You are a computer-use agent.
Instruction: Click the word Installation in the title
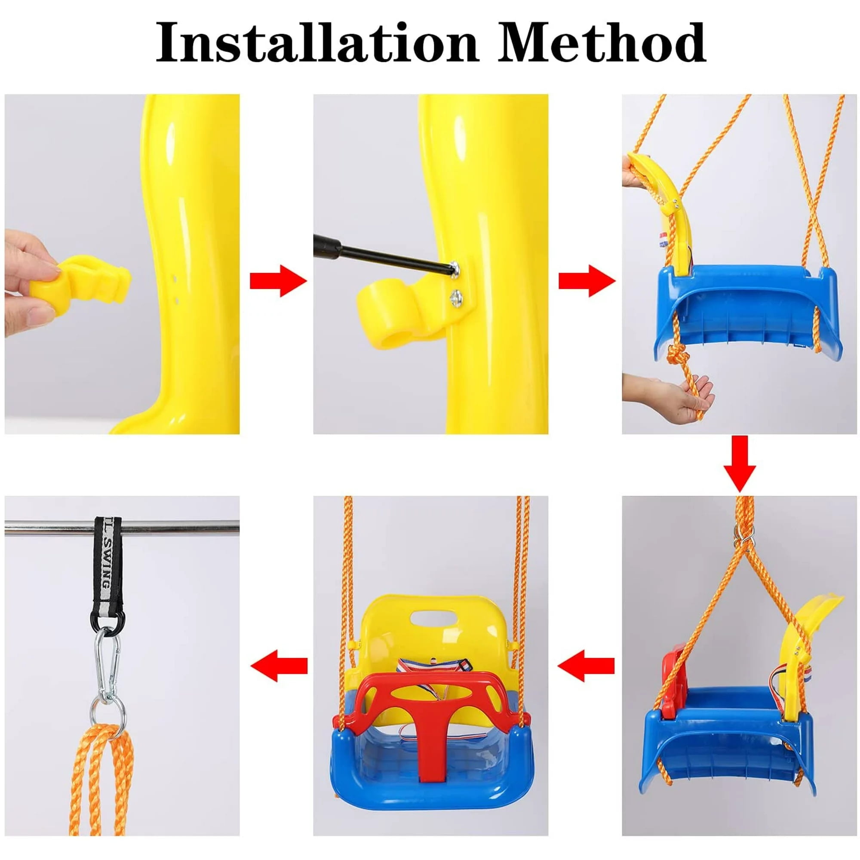click(x=317, y=43)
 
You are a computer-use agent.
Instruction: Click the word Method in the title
click(x=602, y=43)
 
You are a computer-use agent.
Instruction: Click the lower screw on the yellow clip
click(x=457, y=296)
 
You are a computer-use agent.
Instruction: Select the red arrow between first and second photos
click(x=279, y=281)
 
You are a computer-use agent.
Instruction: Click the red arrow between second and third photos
click(x=587, y=281)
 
